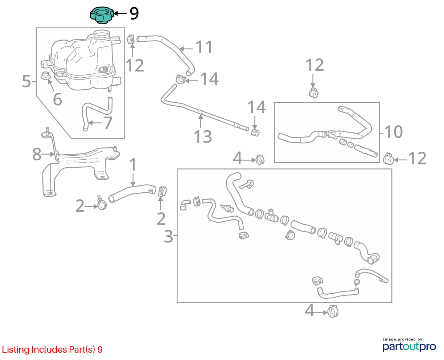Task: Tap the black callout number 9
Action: point(134,13)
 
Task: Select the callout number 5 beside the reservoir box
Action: point(26,81)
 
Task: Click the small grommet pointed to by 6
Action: point(46,75)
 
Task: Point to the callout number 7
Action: point(108,123)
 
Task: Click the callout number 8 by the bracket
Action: point(37,154)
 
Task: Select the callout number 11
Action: point(204,47)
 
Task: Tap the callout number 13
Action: point(203,136)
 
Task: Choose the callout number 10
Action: point(394,132)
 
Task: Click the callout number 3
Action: point(168,237)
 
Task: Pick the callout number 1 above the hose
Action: point(133,164)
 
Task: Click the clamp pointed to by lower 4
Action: point(333,311)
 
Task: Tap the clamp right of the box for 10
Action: point(388,159)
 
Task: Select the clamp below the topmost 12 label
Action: point(313,93)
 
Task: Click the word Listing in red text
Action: point(15,350)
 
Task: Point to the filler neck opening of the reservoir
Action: point(102,34)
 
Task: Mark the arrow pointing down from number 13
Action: point(201,121)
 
